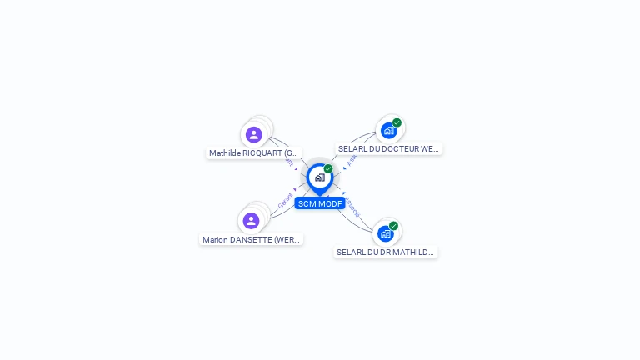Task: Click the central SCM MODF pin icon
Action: [x=319, y=177]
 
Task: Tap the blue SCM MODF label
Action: [x=320, y=203]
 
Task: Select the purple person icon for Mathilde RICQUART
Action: [x=254, y=134]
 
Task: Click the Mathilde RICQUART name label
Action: [x=253, y=153]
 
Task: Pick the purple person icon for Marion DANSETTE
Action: [x=251, y=221]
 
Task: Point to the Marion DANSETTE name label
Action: [x=251, y=240]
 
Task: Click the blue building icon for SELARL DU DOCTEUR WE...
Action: [x=388, y=131]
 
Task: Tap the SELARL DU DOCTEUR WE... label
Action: [x=388, y=148]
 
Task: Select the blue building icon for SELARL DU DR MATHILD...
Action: [x=385, y=234]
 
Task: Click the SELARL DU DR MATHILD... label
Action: [x=386, y=252]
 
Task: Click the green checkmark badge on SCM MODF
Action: [x=328, y=168]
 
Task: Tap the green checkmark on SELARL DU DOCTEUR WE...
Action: [x=397, y=122]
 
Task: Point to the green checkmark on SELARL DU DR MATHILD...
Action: [x=393, y=225]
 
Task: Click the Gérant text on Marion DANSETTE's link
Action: [x=285, y=201]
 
